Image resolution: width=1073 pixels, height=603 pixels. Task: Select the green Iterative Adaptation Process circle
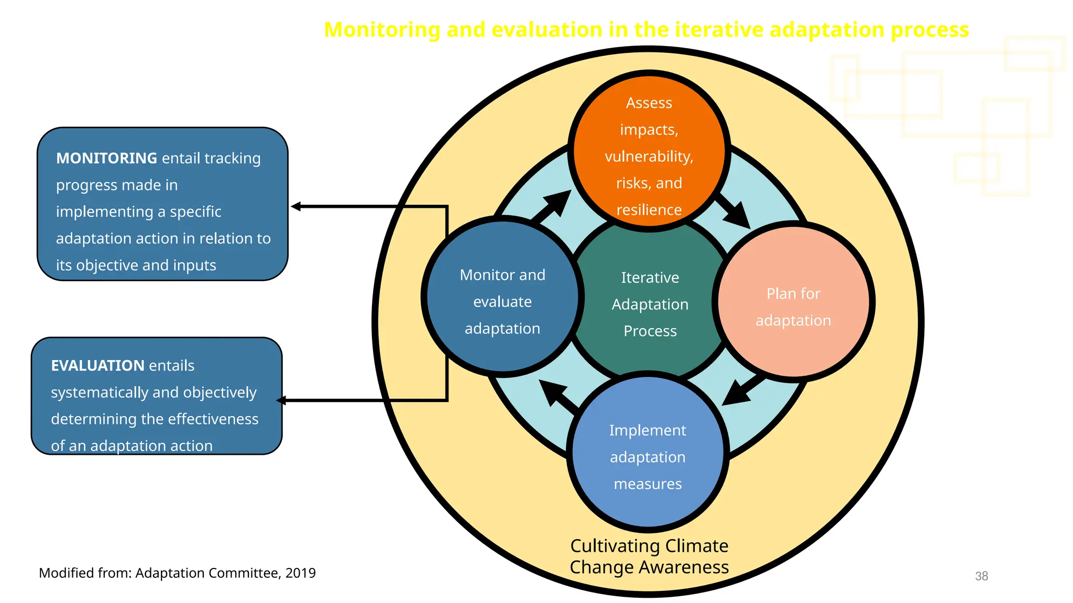[x=650, y=304]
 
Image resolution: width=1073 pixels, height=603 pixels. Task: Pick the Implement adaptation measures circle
[x=648, y=455]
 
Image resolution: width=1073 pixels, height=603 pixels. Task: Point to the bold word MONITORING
[x=106, y=158]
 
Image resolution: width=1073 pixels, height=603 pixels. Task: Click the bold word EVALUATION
[x=97, y=365]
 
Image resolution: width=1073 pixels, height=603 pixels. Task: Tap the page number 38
[x=981, y=576]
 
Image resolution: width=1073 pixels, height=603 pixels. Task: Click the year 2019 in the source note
[x=300, y=573]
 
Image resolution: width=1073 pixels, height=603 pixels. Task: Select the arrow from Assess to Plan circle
[x=735, y=211]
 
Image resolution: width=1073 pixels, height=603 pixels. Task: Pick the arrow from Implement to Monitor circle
[x=557, y=395]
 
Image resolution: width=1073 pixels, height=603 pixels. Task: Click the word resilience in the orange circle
[x=649, y=210]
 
